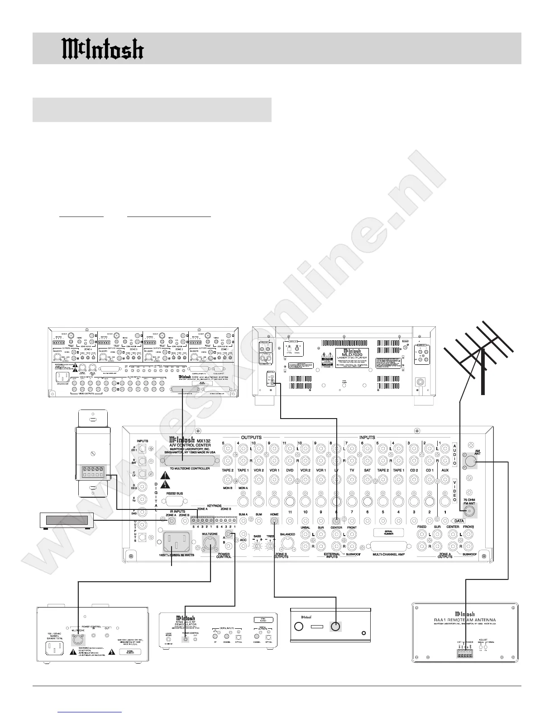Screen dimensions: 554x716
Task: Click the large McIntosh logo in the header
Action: click(103, 48)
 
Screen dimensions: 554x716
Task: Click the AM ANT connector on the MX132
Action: click(471, 462)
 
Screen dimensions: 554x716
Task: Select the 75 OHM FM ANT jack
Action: click(471, 511)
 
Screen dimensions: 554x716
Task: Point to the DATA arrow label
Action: click(458, 521)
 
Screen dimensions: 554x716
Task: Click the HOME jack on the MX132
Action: click(275, 521)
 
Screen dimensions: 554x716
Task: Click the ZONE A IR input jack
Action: click(172, 521)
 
